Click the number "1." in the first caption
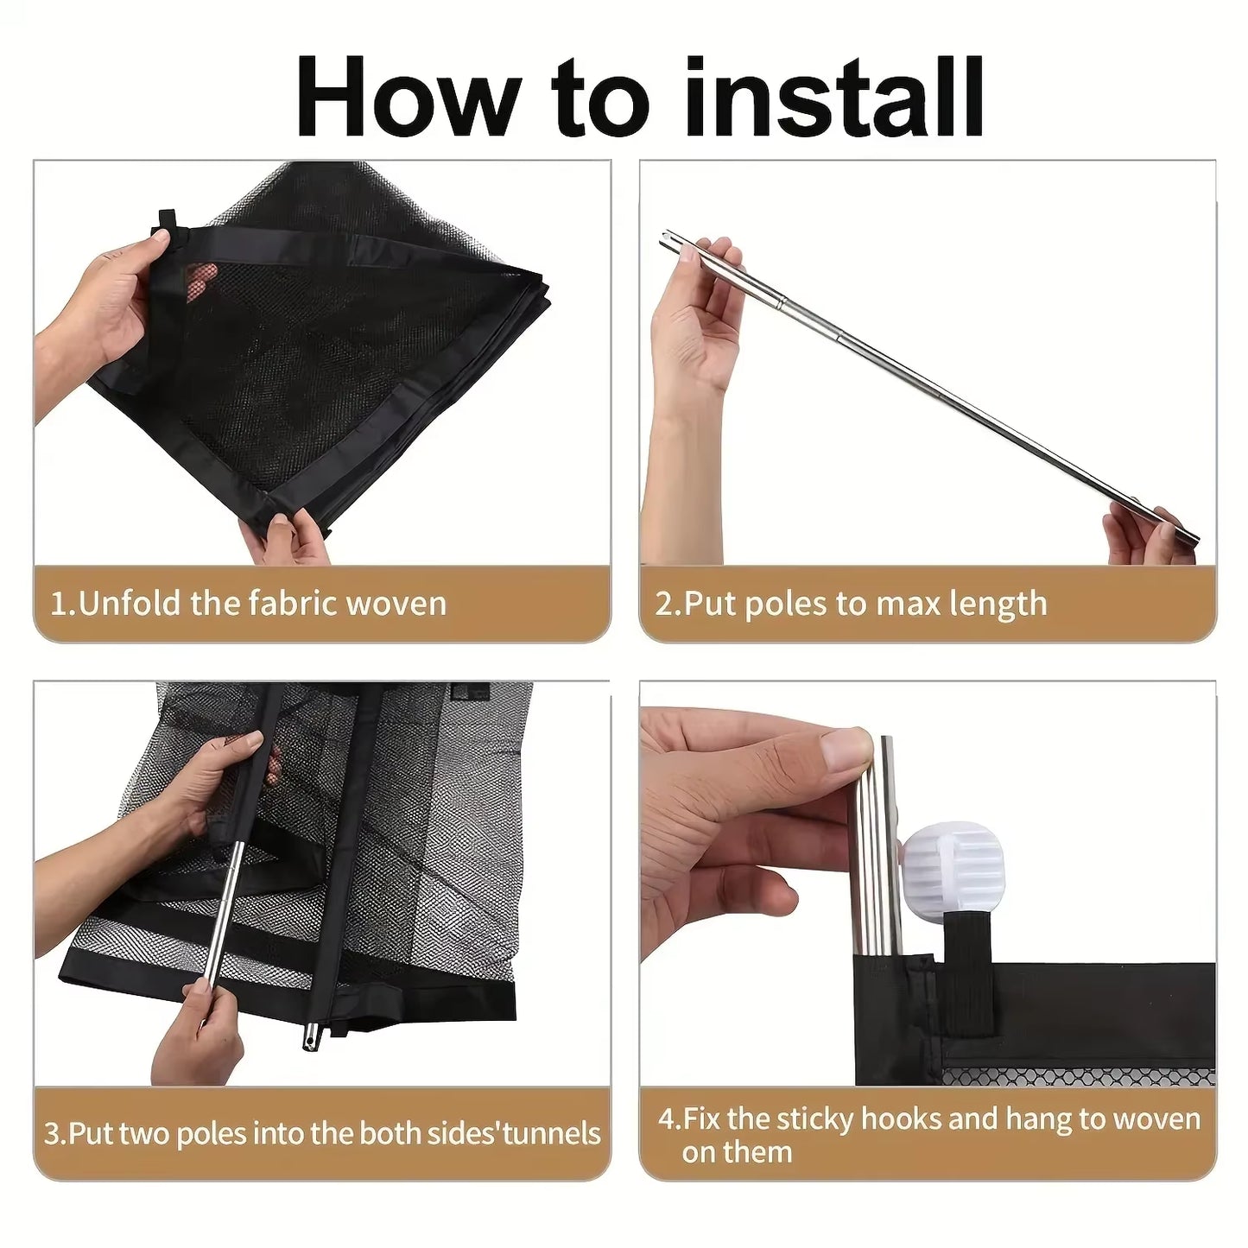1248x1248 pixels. click(63, 605)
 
